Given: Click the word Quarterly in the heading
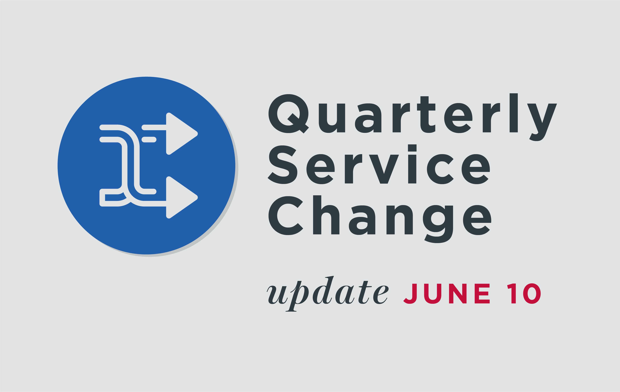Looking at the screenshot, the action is pos(413,117).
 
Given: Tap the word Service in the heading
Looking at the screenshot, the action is pos(379,164).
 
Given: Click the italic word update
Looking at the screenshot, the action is pos(327,294).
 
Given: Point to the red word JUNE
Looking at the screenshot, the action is pos(446,294).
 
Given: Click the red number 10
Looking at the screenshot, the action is pos(524,294).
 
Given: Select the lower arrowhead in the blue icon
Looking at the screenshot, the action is pos(182,197).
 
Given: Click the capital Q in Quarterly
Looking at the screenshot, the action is pos(289,114).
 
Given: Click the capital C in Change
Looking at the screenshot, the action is pos(286,216).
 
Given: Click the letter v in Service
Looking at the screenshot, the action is pos(384,169).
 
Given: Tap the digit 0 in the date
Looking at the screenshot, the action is pos(532,294).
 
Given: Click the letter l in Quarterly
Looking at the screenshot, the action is pos(514,113).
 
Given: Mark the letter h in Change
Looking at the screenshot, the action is pos(326,215).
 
